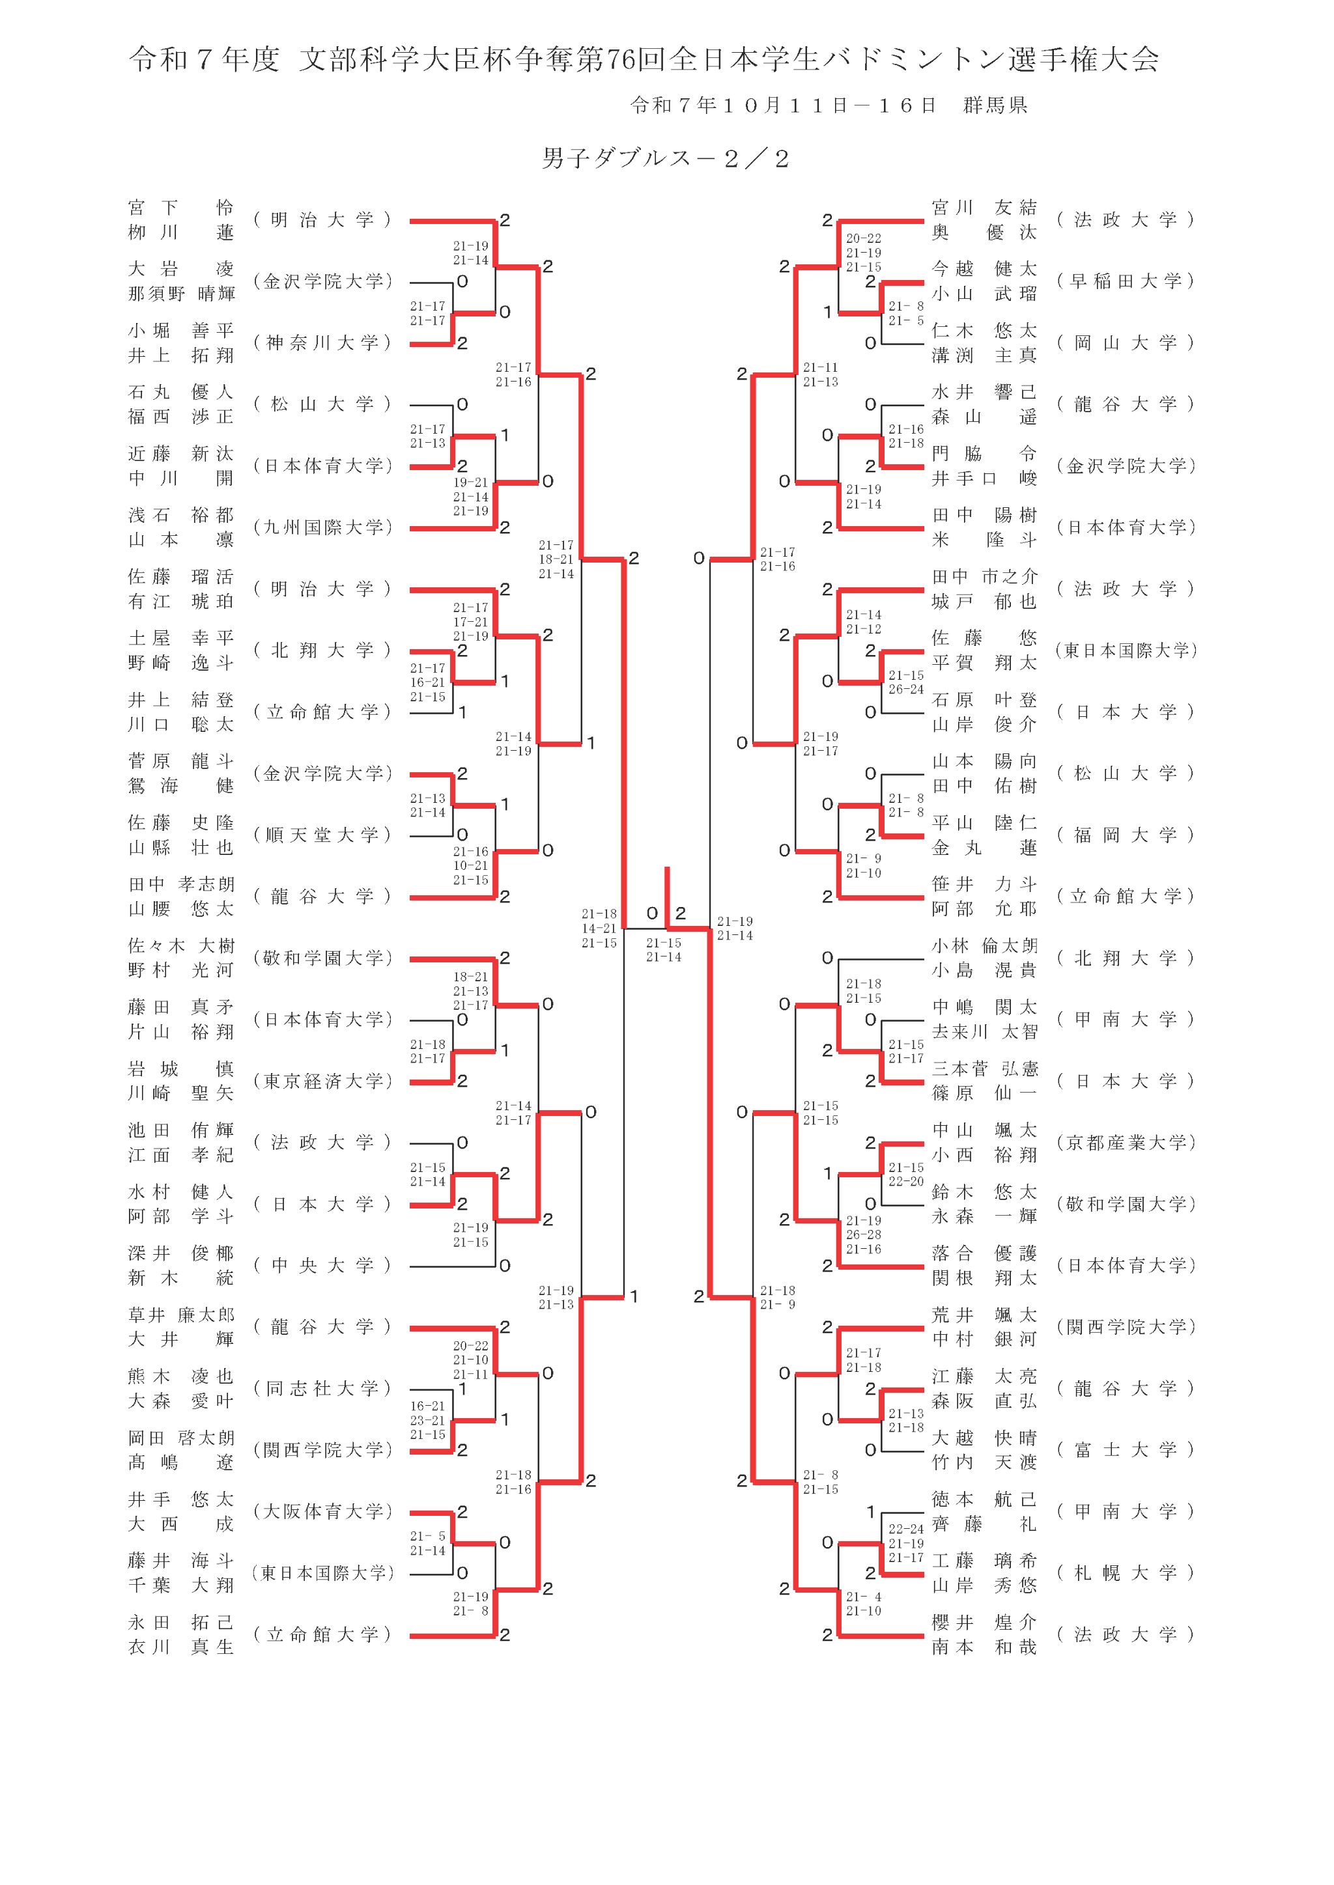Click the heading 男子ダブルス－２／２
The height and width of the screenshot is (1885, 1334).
pos(665,158)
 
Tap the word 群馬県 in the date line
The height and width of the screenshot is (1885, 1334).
pos(995,105)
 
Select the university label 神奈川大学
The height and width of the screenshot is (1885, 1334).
pos(322,342)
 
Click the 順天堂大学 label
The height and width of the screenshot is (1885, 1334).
pos(322,835)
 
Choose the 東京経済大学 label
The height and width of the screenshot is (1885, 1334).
pos(322,1082)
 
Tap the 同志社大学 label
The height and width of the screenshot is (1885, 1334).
pos(322,1388)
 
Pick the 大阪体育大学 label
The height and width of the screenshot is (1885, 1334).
pos(322,1511)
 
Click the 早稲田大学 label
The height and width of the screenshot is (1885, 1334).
pos(1126,281)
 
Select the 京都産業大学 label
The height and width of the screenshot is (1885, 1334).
pos(1126,1143)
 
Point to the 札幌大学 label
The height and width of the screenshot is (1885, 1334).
pos(1126,1573)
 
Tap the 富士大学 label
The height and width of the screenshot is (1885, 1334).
pos(1126,1450)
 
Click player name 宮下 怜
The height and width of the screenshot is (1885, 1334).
pos(180,208)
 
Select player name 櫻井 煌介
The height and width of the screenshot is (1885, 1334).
pos(984,1623)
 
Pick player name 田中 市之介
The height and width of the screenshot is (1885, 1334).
pos(984,577)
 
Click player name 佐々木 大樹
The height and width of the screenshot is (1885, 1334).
pos(180,946)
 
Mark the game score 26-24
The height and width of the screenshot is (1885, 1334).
pos(905,690)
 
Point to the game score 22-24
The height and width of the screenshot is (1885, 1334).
pos(905,1529)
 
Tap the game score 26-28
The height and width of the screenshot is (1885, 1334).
pos(862,1235)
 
